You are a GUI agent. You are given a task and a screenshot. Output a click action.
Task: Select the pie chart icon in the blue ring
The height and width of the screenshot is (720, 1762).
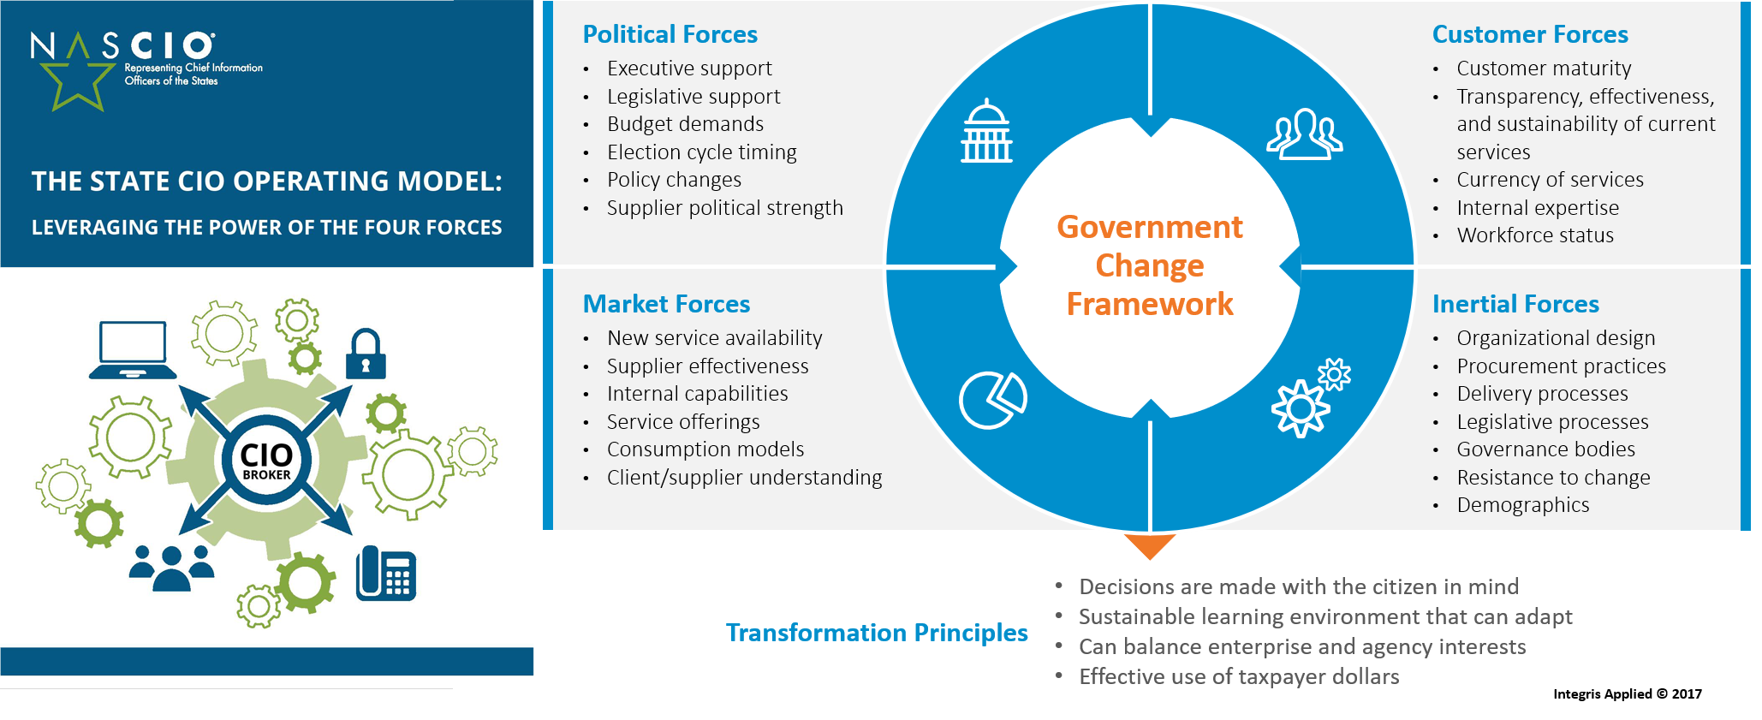click(x=992, y=399)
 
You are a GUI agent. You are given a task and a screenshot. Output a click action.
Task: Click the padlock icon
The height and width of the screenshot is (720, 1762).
click(x=366, y=354)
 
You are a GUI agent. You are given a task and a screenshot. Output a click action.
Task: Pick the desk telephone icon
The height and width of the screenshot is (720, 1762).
click(x=385, y=573)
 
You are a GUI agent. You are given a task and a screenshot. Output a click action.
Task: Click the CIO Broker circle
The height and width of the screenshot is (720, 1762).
click(x=266, y=461)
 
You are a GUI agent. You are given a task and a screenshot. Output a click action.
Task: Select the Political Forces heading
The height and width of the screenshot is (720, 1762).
click(x=670, y=34)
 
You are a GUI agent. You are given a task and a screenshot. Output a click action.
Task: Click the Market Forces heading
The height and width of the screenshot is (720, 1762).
click(x=666, y=304)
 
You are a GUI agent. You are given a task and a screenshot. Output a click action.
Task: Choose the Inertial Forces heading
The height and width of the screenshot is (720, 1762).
click(x=1515, y=304)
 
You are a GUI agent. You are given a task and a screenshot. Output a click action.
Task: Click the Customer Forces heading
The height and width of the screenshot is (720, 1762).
click(x=1530, y=34)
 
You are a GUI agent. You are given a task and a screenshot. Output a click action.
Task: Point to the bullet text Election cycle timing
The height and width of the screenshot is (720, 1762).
click(x=702, y=152)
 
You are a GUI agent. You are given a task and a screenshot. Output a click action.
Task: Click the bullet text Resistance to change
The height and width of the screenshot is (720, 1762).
click(x=1553, y=478)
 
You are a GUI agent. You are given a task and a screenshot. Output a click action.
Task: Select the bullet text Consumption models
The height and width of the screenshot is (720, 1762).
click(x=705, y=449)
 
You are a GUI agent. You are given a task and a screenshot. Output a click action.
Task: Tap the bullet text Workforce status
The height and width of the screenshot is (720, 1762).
click(x=1535, y=235)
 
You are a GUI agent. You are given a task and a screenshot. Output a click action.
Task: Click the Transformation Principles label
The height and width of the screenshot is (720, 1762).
click(x=877, y=633)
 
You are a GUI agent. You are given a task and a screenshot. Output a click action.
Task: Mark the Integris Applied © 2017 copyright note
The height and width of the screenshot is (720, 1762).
click(x=1628, y=694)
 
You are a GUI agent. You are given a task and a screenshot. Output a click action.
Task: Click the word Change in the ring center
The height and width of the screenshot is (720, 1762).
click(x=1149, y=266)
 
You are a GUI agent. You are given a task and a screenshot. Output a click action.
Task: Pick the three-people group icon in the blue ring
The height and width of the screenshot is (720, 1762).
click(x=1304, y=134)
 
